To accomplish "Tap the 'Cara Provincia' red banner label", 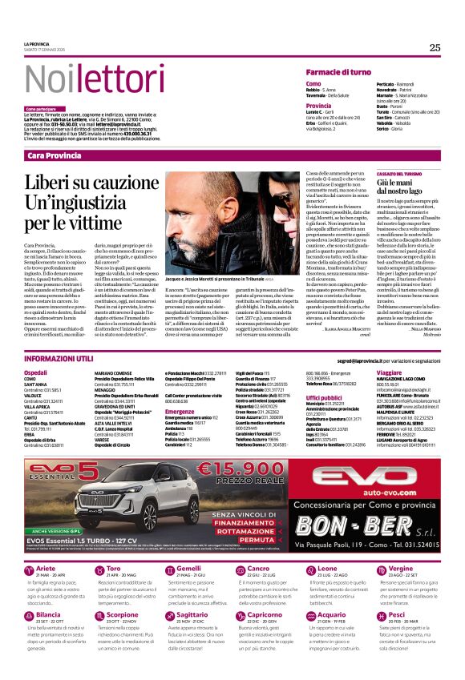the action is click(55, 155).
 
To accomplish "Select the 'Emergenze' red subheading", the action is click(180, 411).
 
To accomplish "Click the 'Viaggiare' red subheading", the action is click(388, 372).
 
